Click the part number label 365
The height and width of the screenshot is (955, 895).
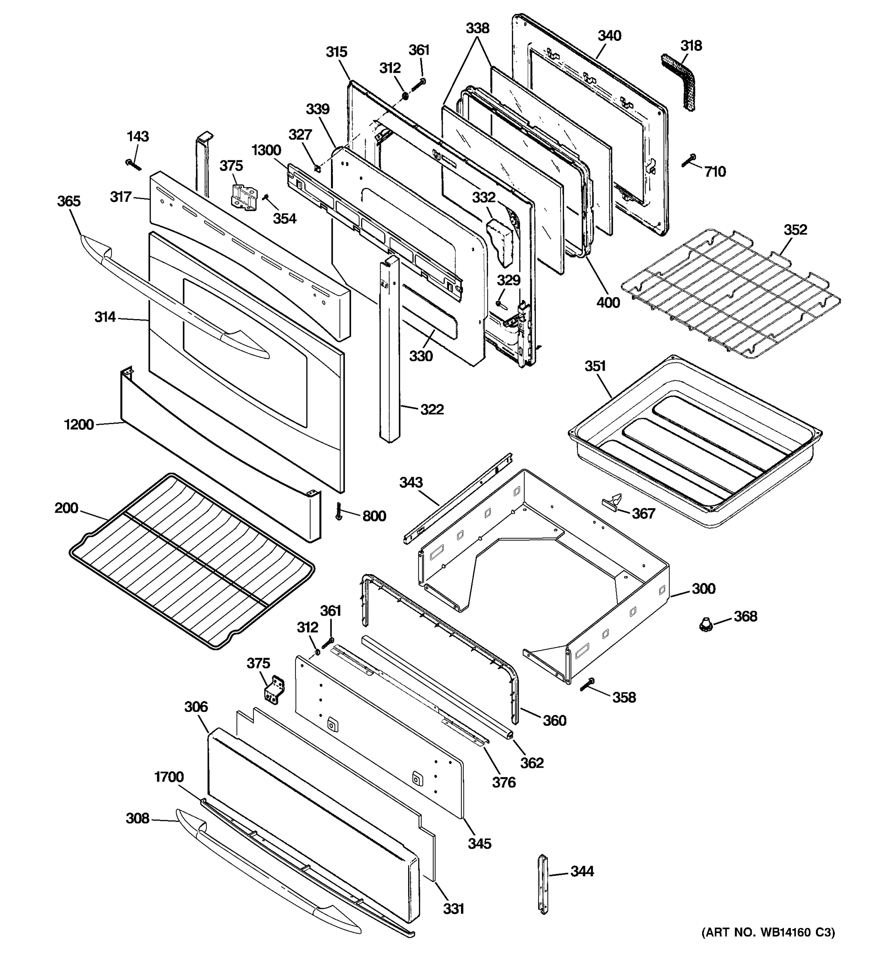point(69,201)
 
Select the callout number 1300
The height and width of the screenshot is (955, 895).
point(266,150)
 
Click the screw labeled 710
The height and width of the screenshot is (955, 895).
point(689,161)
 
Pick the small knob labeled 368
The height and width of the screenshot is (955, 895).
point(705,625)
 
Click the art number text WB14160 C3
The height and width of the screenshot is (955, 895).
point(768,932)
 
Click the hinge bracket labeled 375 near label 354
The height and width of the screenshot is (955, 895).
point(243,197)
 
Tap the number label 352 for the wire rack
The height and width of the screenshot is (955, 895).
point(795,230)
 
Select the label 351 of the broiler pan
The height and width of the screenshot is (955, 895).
point(595,366)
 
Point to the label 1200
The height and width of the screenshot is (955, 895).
point(79,425)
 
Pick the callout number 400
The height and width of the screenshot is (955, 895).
point(608,303)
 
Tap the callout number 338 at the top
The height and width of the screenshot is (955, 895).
point(477,28)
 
